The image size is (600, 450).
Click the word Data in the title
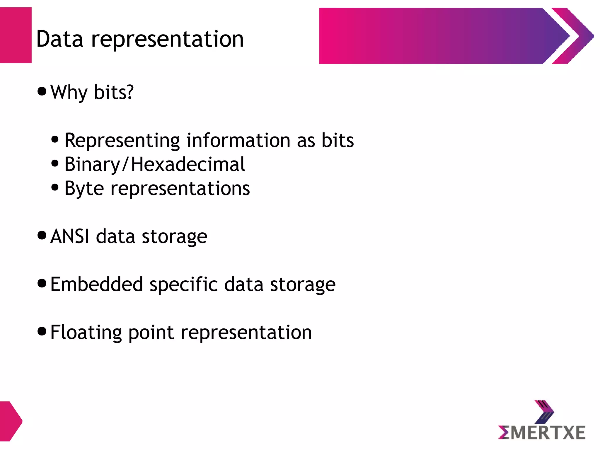[59, 39]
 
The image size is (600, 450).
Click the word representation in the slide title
[167, 40]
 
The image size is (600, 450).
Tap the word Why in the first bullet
[69, 92]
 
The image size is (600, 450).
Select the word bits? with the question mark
[114, 92]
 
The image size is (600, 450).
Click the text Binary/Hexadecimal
[154, 164]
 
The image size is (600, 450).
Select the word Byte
[84, 188]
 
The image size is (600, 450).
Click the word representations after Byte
[180, 188]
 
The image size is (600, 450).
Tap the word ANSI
[70, 236]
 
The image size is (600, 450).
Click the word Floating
[86, 332]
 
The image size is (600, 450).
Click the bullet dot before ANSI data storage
[42, 235]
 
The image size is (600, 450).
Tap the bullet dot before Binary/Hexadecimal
[55, 163]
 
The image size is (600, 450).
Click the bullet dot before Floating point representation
[42, 331]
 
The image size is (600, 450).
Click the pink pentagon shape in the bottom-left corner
[10, 421]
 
